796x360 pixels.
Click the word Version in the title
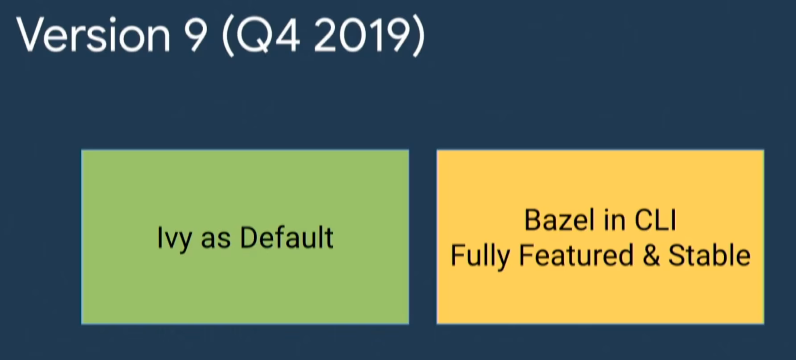94,35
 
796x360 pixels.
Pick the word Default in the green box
287,237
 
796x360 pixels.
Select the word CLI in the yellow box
655,220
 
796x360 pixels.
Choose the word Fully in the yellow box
480,257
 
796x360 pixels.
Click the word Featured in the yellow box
576,255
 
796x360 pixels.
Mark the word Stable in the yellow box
710,255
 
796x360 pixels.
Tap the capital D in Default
249,237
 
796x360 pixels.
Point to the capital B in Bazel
533,220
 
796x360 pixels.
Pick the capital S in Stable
677,256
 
